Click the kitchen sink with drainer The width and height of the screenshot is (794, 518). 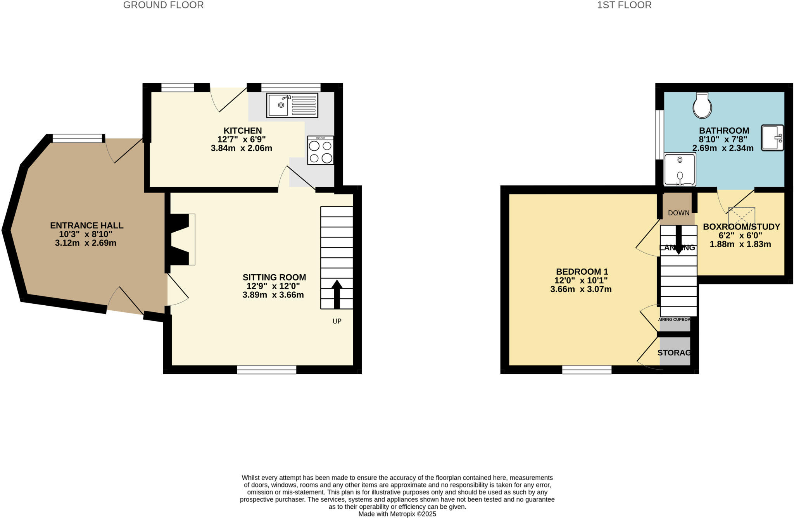click(x=292, y=105)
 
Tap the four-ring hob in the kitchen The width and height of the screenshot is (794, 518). click(x=321, y=150)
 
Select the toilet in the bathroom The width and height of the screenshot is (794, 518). click(x=702, y=105)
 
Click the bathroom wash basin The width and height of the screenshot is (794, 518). click(x=772, y=138)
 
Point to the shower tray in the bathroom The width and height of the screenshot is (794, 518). click(x=680, y=170)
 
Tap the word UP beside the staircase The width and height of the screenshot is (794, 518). click(x=337, y=321)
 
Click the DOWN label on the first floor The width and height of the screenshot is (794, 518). click(x=678, y=213)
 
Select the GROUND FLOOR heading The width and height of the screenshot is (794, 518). click(x=163, y=5)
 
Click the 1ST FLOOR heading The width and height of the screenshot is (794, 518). click(x=624, y=5)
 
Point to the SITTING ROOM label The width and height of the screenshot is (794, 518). click(x=274, y=277)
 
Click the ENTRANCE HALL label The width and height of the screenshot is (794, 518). click(x=86, y=225)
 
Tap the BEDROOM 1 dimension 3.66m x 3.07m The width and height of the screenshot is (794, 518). click(x=581, y=289)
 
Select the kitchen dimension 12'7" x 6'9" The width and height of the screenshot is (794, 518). click(x=242, y=139)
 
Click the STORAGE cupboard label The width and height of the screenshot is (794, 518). click(x=675, y=353)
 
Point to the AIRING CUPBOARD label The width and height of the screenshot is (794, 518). click(x=675, y=320)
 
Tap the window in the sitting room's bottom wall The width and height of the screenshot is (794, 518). click(x=266, y=370)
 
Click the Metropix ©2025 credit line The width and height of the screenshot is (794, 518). click(x=397, y=514)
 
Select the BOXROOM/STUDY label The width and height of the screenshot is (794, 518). click(x=741, y=227)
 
